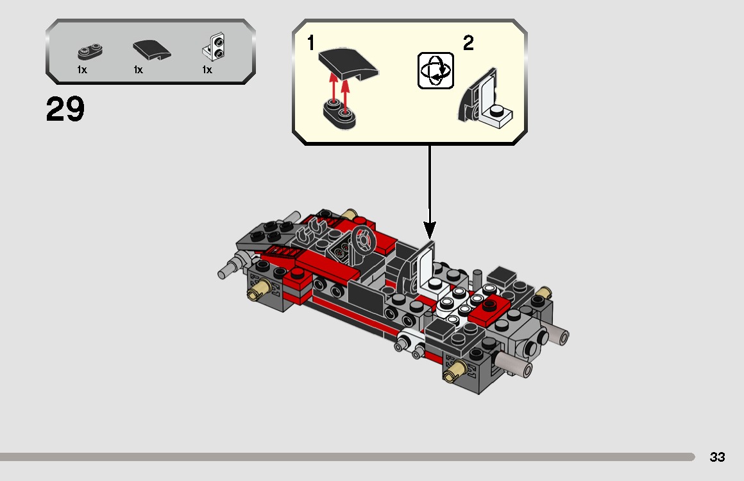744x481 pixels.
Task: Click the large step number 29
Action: pos(65,110)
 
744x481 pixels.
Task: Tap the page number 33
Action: pos(717,457)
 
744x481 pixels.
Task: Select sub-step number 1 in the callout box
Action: pos(311,44)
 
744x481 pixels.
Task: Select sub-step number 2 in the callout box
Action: pos(468,44)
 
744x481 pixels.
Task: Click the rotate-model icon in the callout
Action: pos(435,71)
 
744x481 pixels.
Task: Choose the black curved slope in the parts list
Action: pos(152,50)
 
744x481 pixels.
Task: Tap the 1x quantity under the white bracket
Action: pos(207,70)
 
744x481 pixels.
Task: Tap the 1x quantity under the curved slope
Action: pos(139,70)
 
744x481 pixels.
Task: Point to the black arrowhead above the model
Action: pos(429,229)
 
